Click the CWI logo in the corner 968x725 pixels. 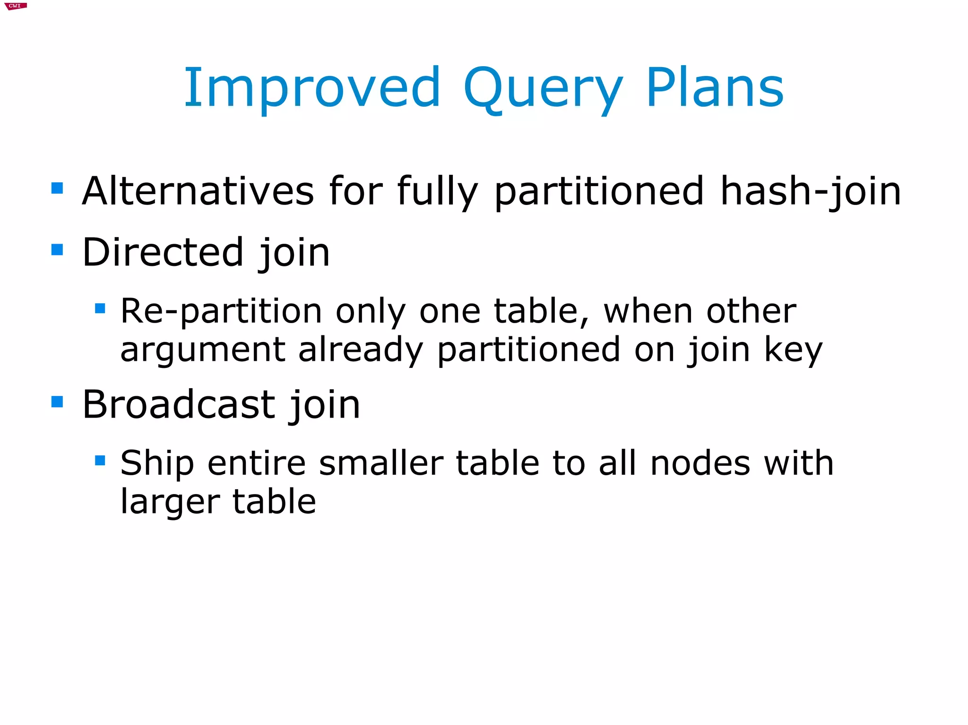(15, 6)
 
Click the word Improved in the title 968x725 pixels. (312, 89)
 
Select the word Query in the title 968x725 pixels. (543, 90)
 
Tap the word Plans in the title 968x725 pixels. (715, 88)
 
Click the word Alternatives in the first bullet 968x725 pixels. (198, 191)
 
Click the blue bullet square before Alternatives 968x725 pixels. (57, 188)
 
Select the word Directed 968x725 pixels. (163, 253)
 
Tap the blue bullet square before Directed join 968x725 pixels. (57, 249)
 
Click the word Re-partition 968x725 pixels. (221, 312)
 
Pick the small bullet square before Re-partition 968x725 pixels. (100, 308)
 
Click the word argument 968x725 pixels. (203, 350)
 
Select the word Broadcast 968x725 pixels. (179, 405)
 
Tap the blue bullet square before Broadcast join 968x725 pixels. (57, 402)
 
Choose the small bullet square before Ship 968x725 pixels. (100, 460)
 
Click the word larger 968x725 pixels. (170, 502)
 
